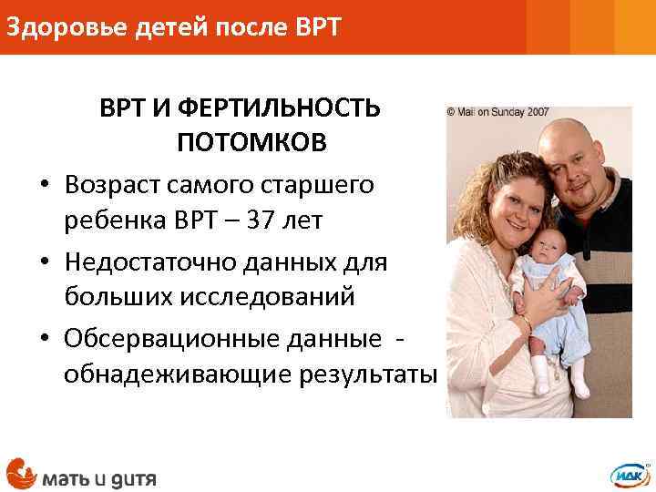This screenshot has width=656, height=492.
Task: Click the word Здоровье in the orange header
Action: [x=56, y=26]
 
